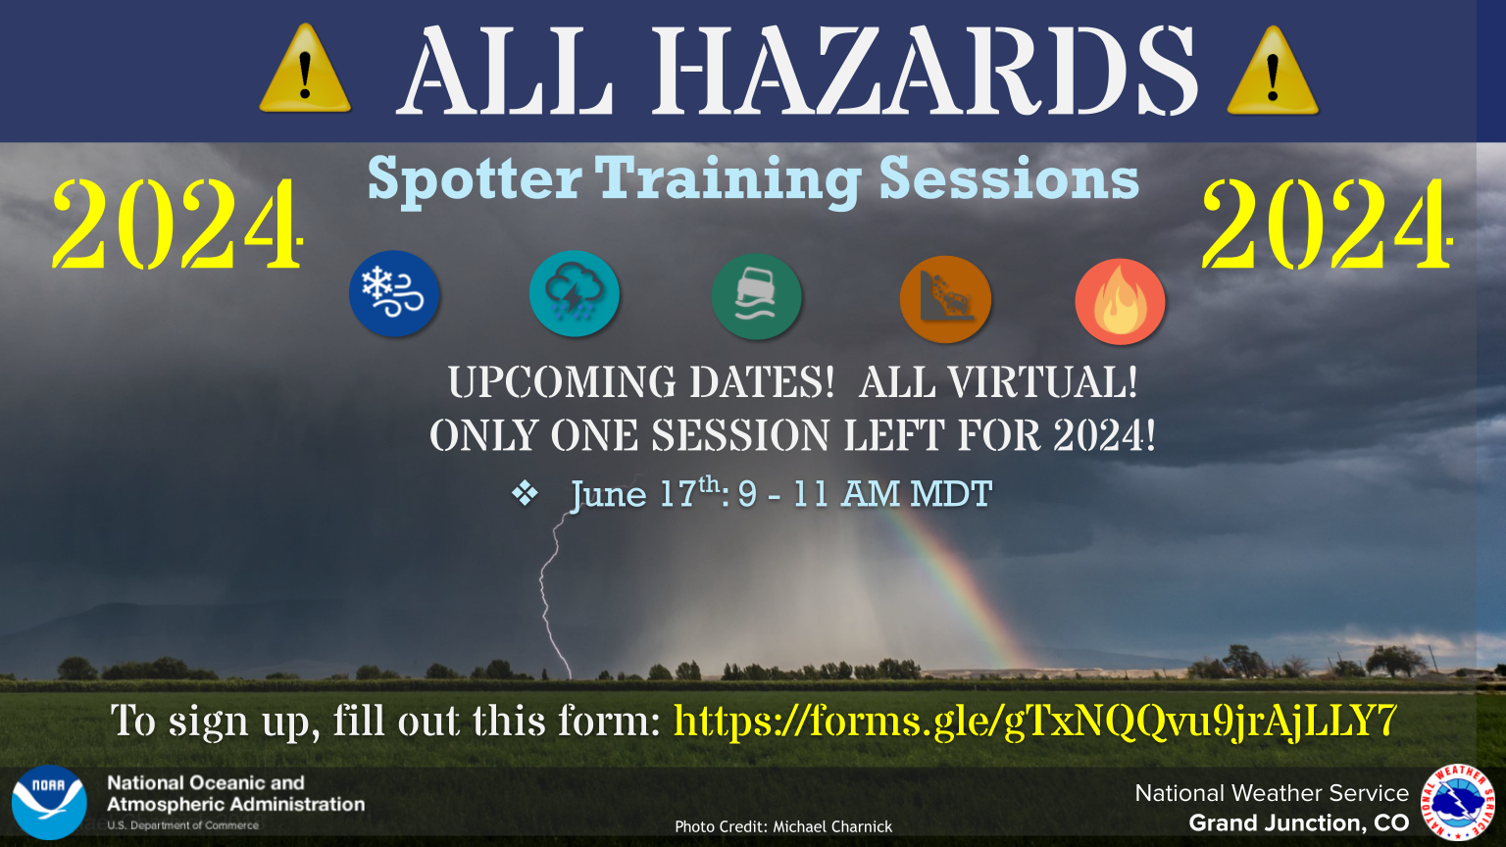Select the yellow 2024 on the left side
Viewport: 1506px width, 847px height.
click(x=176, y=224)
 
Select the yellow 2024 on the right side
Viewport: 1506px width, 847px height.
click(x=1327, y=224)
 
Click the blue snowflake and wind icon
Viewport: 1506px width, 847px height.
click(x=394, y=293)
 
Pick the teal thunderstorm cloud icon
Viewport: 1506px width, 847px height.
click(x=575, y=294)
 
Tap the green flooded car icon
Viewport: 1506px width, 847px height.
click(x=756, y=296)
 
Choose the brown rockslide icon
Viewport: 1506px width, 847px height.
click(x=945, y=299)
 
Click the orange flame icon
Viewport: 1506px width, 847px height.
click(x=1120, y=302)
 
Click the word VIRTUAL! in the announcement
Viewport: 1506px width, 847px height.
click(x=1042, y=382)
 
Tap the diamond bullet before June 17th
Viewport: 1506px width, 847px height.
click(x=525, y=493)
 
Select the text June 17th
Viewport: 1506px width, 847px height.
click(x=646, y=493)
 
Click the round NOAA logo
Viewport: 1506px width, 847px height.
click(x=49, y=802)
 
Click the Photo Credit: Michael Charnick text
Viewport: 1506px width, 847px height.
click(x=783, y=826)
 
